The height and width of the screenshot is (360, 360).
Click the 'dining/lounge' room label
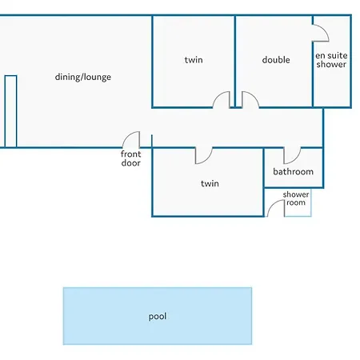(x=83, y=77)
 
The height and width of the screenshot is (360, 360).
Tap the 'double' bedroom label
(x=276, y=60)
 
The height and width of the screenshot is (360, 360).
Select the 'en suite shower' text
(x=331, y=60)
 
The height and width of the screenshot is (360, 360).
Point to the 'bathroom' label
(x=293, y=171)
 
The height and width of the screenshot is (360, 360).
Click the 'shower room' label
(x=296, y=198)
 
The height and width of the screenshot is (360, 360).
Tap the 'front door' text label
(x=130, y=158)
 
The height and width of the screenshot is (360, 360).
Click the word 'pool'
(x=158, y=317)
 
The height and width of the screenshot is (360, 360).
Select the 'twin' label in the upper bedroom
(x=194, y=60)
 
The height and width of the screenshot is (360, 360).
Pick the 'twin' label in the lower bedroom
(x=210, y=183)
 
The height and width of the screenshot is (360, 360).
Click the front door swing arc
(x=127, y=136)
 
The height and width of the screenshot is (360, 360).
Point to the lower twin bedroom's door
(x=208, y=159)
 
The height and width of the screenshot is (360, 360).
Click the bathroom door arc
(x=296, y=159)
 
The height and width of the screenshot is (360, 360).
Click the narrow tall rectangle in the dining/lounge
(x=10, y=111)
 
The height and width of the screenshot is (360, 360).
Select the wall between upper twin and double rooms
(x=235, y=62)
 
